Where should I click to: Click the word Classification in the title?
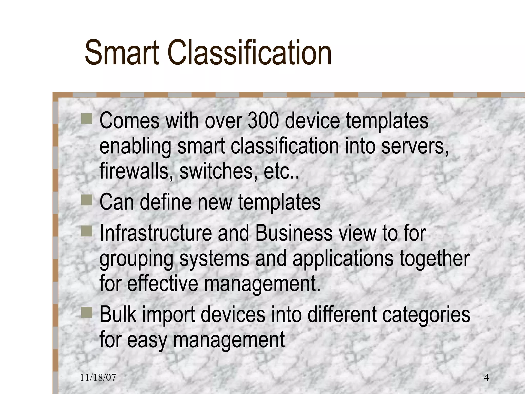250,53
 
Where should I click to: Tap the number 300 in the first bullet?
263,121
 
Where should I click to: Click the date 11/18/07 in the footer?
98,378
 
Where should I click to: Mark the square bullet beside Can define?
87,200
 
